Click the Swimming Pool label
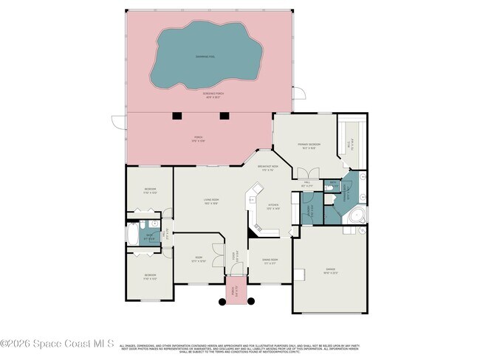click(x=205, y=56)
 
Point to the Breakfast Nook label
click(x=268, y=168)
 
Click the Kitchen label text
click(x=272, y=207)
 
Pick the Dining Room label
click(x=270, y=260)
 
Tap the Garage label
click(x=329, y=271)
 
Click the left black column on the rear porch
click(x=177, y=115)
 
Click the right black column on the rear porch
click(x=224, y=115)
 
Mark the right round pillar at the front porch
click(x=251, y=301)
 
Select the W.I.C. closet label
click(x=352, y=145)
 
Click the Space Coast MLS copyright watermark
click(x=57, y=343)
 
